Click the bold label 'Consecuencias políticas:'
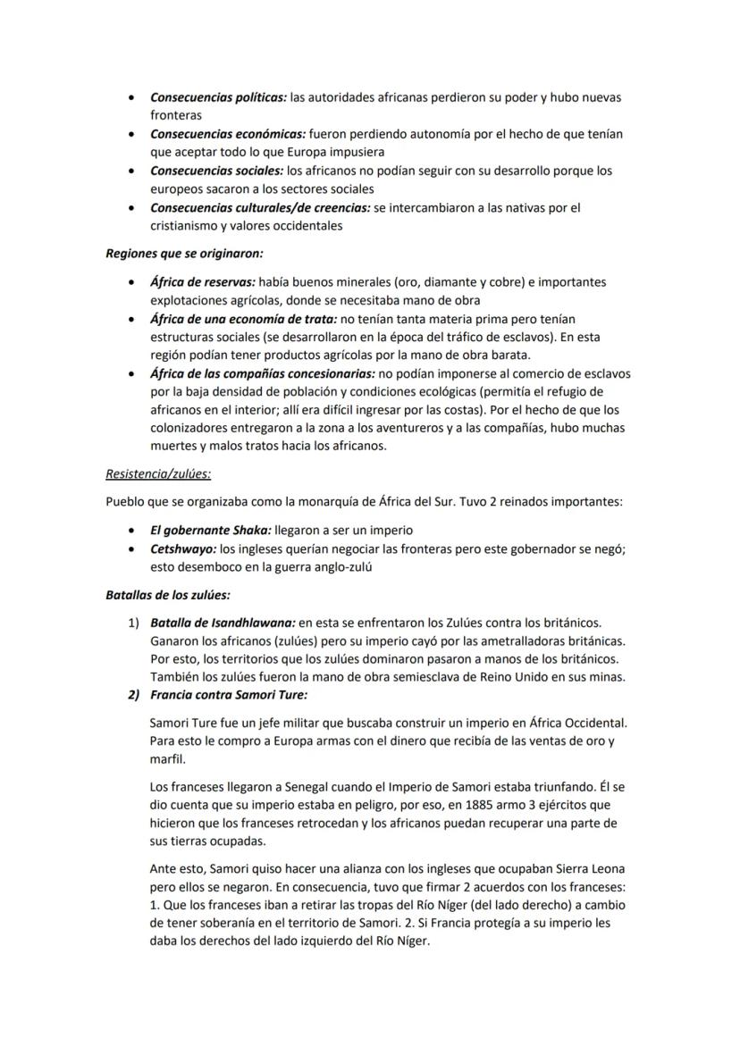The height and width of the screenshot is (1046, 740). pos(219,96)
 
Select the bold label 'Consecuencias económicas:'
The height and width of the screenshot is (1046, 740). pos(227,134)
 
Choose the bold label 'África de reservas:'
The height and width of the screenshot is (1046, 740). pos(203,282)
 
